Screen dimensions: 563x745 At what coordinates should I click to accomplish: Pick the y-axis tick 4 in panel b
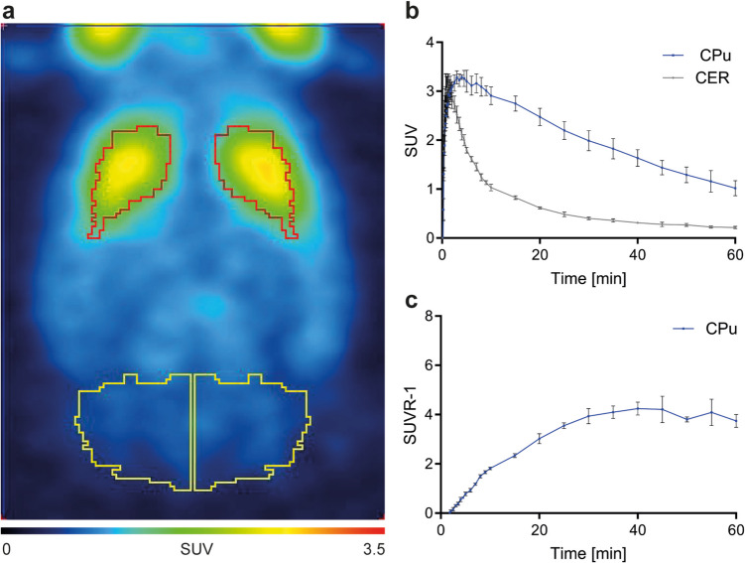click(x=430, y=42)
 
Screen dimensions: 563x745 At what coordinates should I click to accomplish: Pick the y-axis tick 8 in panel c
click(x=430, y=317)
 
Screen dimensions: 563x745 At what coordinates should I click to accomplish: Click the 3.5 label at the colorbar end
click(x=371, y=548)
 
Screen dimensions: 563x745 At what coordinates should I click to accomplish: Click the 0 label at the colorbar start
click(x=9, y=548)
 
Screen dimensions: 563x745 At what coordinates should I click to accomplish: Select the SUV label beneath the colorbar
click(x=195, y=548)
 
